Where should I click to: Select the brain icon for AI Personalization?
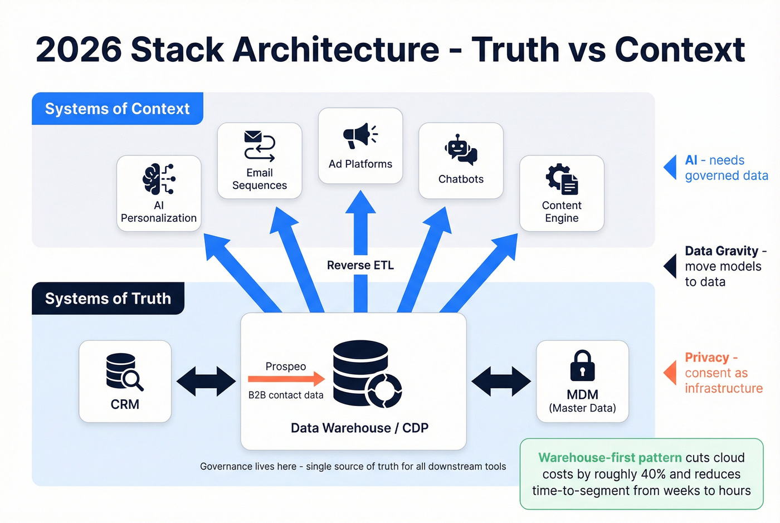(158, 179)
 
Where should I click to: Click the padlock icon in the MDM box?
(582, 366)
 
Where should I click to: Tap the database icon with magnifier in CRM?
(124, 372)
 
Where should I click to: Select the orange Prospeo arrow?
(286, 379)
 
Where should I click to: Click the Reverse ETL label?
(360, 266)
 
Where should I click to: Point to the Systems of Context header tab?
(117, 109)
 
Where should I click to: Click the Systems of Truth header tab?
(108, 299)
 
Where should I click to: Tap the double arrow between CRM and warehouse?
(206, 382)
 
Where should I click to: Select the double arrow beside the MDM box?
(501, 382)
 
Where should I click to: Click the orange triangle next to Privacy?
(670, 373)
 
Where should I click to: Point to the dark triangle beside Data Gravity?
(670, 266)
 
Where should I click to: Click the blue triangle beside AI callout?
(670, 168)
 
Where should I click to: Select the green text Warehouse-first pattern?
(610, 458)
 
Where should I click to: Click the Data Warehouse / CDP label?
(359, 428)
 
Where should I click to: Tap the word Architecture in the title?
(336, 50)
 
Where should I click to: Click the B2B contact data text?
(286, 395)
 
